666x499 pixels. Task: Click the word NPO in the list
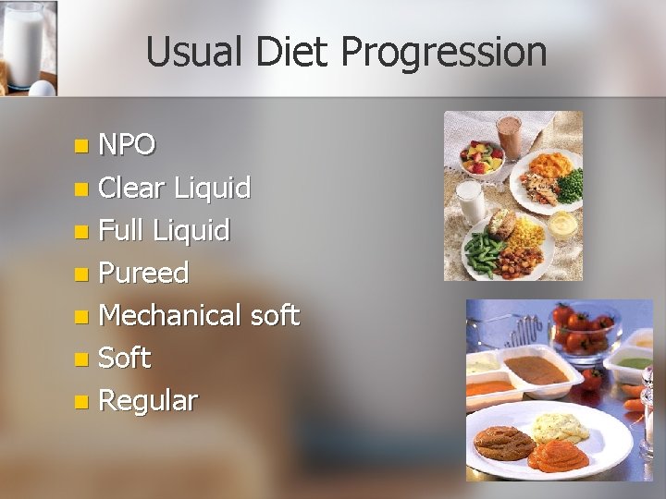coord(127,145)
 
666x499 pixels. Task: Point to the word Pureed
coord(143,274)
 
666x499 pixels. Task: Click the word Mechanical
coord(170,316)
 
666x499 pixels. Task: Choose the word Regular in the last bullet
coord(147,401)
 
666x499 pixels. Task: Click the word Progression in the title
coord(443,53)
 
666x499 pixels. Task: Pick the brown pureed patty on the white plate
coord(503,442)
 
